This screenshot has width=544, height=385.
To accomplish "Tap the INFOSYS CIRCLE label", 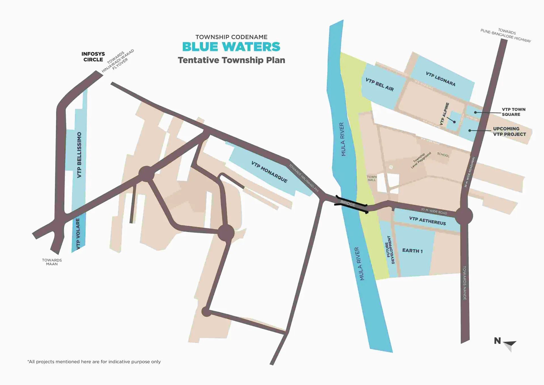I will click(93, 57).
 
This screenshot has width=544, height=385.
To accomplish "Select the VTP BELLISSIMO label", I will click(79, 155).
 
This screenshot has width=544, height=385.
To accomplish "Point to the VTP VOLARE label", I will click(78, 233).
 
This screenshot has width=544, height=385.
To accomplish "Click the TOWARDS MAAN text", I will click(52, 262).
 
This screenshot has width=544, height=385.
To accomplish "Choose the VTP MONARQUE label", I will click(269, 172).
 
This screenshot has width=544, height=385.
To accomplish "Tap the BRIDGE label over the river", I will click(348, 204).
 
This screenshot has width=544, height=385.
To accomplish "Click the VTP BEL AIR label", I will click(379, 84).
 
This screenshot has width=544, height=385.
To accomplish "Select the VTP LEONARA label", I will click(440, 79).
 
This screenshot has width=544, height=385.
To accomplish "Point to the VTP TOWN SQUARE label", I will click(513, 112).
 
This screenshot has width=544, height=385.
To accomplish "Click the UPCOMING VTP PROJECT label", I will click(509, 132).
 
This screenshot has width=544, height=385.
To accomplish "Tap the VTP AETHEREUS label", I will click(427, 221).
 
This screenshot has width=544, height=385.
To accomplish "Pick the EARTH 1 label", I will click(412, 251).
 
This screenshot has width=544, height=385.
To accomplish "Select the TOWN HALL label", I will click(371, 178).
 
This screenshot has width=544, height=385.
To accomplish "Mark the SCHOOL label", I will click(443, 155).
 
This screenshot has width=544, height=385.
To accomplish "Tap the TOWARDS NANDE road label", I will click(464, 283).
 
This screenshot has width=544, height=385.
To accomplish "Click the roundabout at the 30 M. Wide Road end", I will click(464, 216).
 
